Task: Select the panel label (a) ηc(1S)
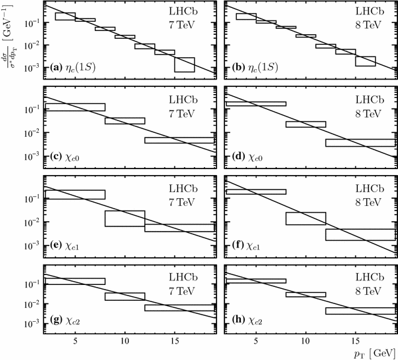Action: click(73, 67)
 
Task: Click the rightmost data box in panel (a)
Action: click(184, 64)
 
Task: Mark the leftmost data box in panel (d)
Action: click(256, 103)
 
